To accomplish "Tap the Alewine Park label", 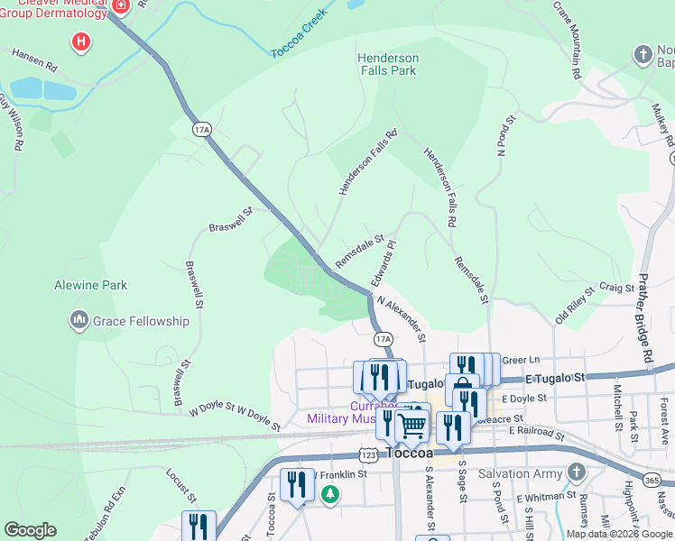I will click(x=90, y=285).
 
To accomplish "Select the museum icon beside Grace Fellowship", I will click(x=79, y=320).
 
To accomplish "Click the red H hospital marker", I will click(x=81, y=41).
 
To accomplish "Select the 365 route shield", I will click(x=652, y=481).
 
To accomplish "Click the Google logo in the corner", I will click(x=30, y=530).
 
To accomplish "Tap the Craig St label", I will click(x=617, y=287).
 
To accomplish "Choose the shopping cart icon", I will click(x=412, y=424).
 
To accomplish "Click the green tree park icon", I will click(x=331, y=494).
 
